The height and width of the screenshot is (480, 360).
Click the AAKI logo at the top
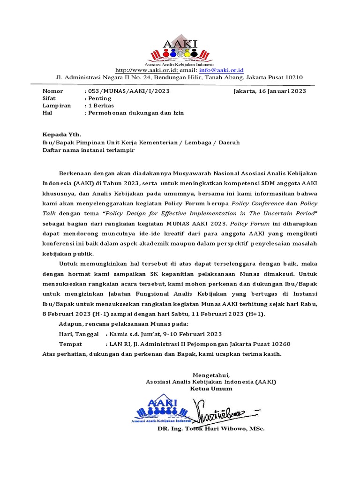[x=180, y=51]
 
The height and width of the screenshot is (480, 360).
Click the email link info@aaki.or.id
[x=225, y=70]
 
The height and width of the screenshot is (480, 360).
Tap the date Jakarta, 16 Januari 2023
[x=270, y=91]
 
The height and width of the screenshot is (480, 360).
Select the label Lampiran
[x=57, y=105]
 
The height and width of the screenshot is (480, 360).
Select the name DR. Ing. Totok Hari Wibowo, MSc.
[x=211, y=429]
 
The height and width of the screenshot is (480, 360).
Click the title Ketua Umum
[x=211, y=389]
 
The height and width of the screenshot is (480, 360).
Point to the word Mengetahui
[x=211, y=375]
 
